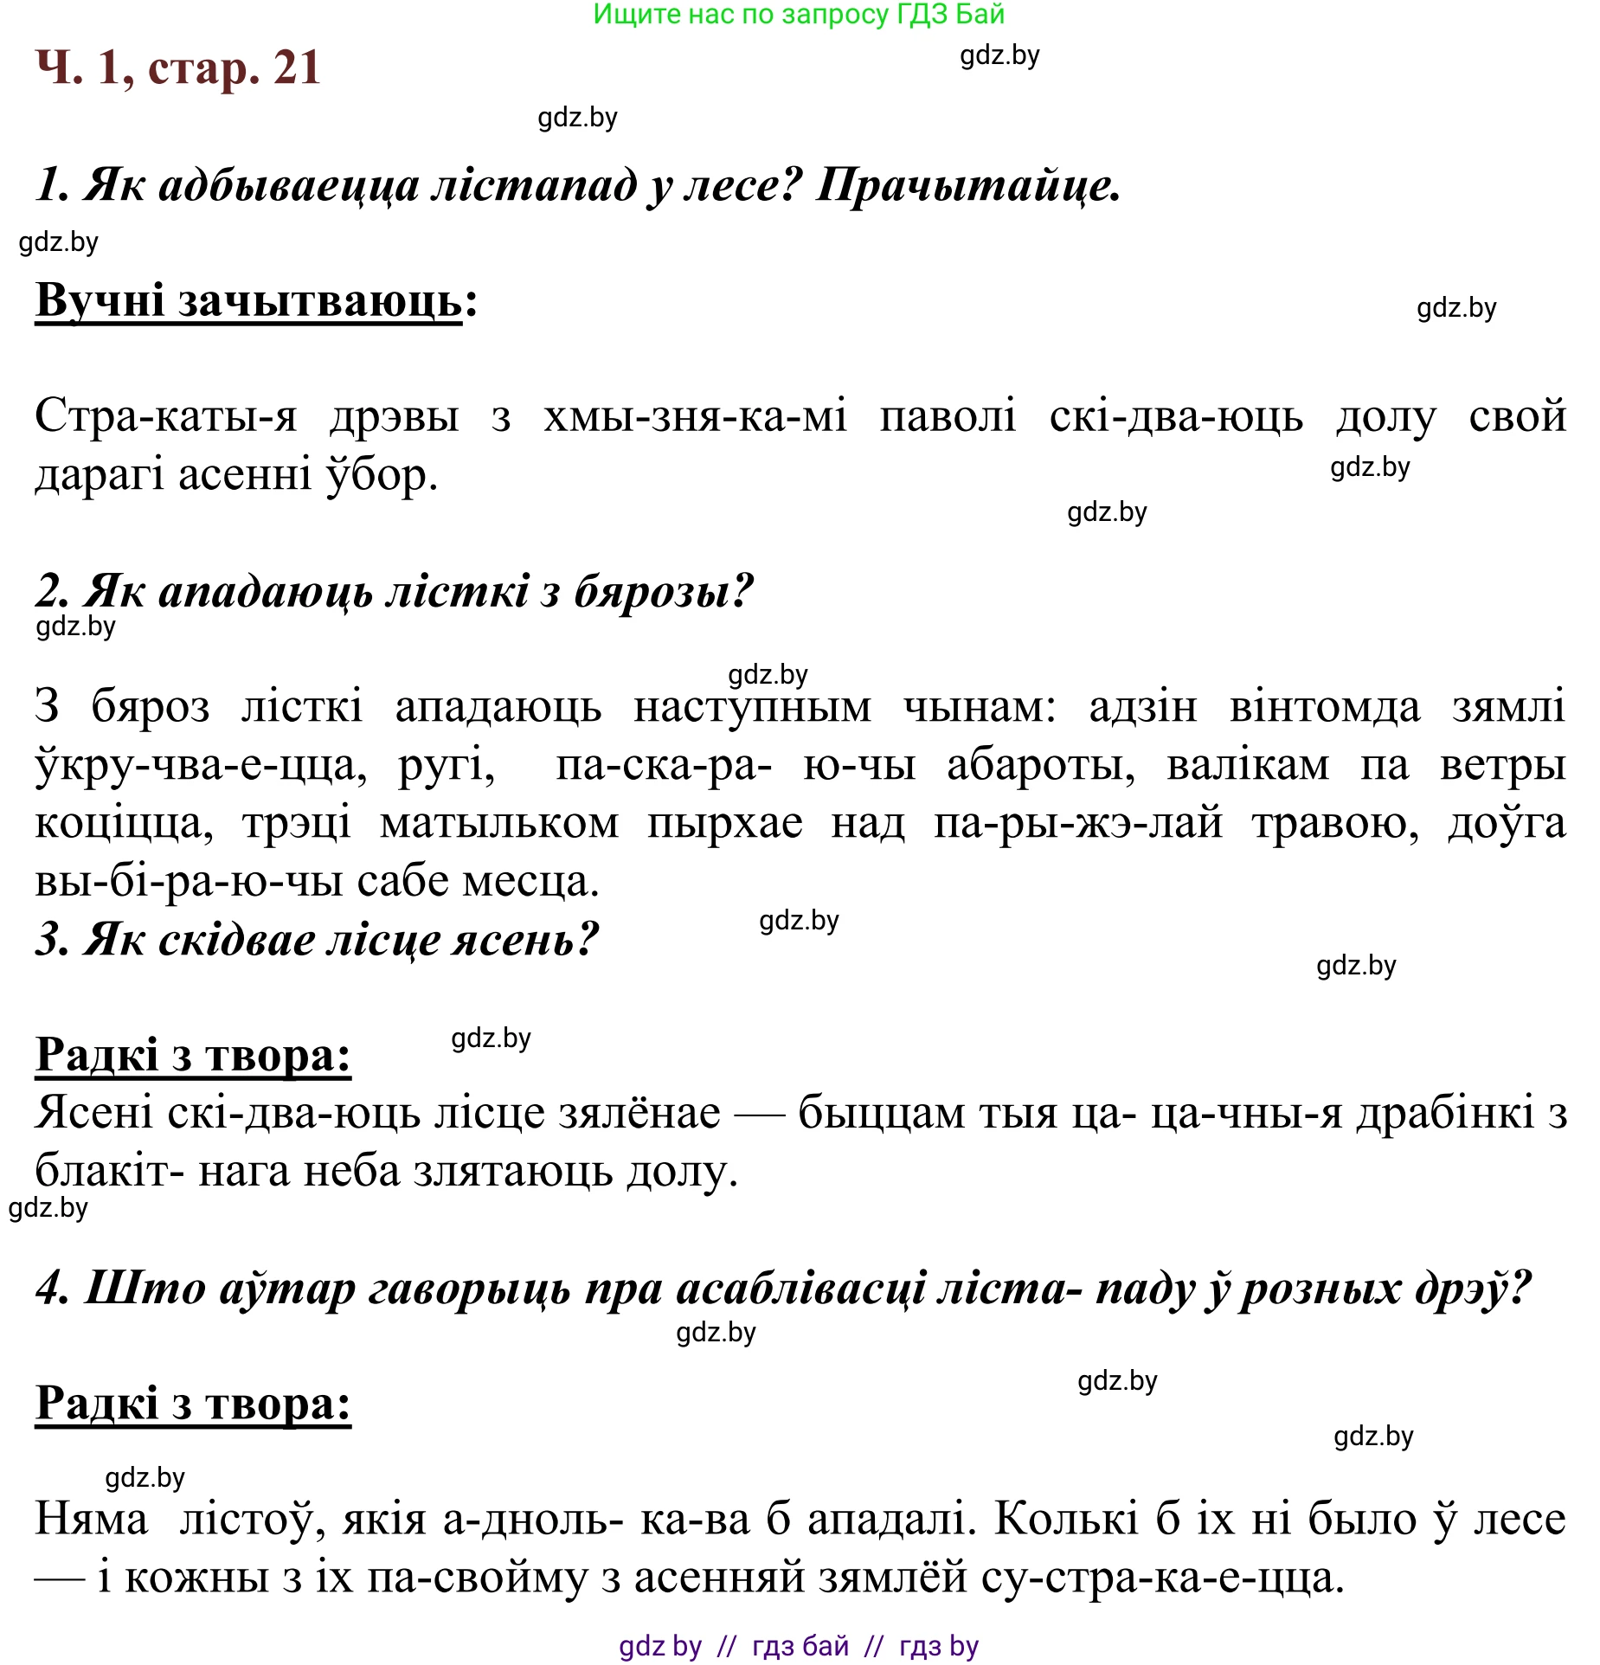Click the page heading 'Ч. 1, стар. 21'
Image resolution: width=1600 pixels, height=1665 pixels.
pos(178,67)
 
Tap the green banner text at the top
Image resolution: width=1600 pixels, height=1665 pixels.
pos(798,15)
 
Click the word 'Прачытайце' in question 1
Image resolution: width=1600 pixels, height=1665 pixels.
pos(967,185)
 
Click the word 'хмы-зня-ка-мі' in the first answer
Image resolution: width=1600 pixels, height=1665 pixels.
pos(695,417)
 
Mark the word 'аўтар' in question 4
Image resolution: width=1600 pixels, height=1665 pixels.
pos(286,1289)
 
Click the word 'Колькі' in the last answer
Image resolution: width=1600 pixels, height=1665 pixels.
pos(1065,1520)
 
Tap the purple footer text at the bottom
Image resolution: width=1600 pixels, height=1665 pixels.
pos(798,1646)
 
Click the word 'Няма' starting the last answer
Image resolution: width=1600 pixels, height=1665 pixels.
pos(92,1520)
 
